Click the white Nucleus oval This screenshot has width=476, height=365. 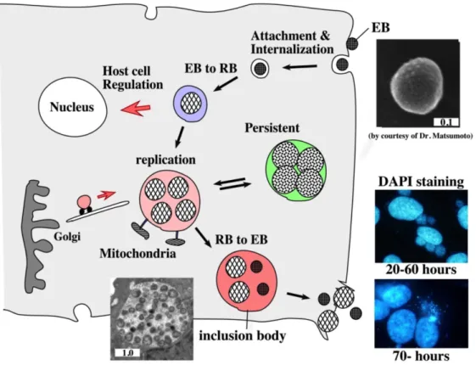pos(72,108)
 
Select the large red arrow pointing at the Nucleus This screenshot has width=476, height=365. pos(136,109)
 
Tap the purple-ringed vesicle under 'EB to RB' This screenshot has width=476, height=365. pos(190,104)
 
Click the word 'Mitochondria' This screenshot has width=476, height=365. pos(137,253)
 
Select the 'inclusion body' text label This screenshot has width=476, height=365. pos(243,336)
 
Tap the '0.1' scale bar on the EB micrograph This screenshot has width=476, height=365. pos(446,121)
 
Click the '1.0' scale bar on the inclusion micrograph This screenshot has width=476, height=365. pos(127,353)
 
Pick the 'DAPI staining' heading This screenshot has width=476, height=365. pos(421,182)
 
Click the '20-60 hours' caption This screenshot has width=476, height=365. pos(421,270)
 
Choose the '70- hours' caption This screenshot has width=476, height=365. pos(421,356)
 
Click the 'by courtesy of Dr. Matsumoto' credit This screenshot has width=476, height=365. pos(421,136)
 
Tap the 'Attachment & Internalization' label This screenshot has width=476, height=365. pos(292,42)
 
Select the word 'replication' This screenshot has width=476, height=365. pos(165,160)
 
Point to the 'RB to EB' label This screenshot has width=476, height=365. pos(241,239)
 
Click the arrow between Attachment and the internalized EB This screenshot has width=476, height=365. pos(300,66)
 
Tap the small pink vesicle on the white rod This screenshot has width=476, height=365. pos(84,201)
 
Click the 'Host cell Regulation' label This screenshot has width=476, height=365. pos(132,78)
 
